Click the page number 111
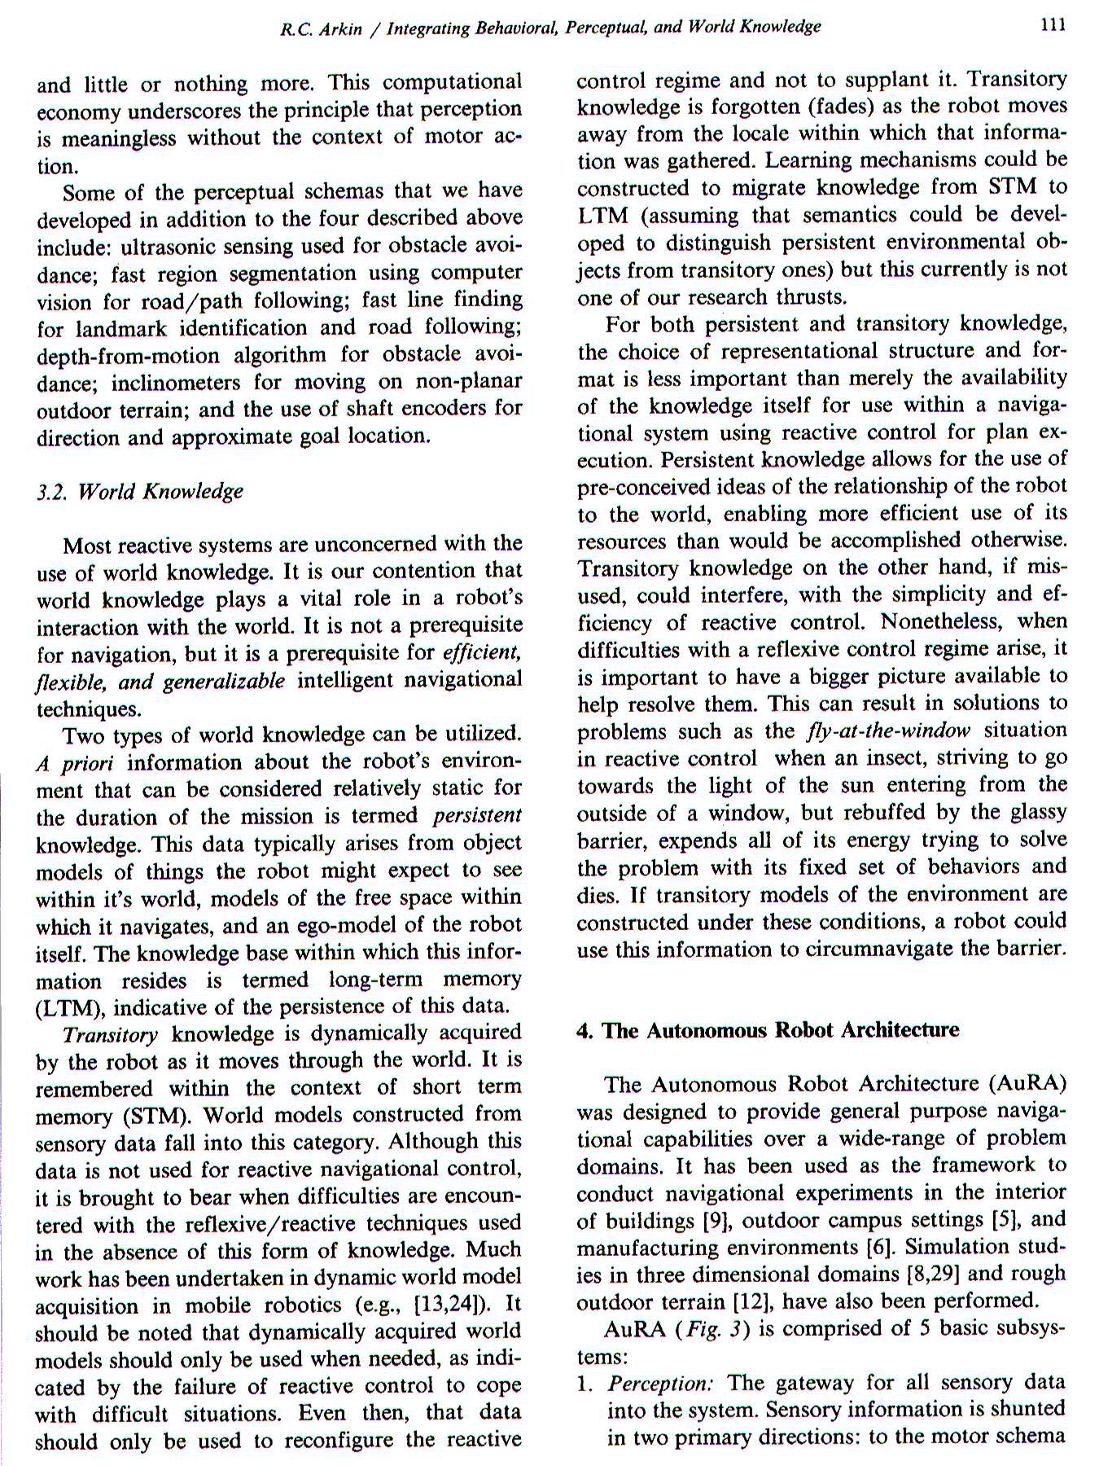pyautogui.click(x=1053, y=25)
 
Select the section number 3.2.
pyautogui.click(x=52, y=492)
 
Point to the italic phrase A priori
pyautogui.click(x=75, y=763)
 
